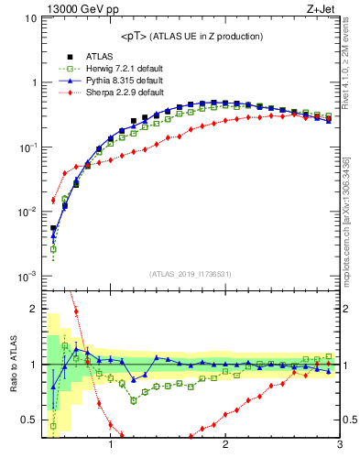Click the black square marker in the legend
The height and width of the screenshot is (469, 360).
(68, 56)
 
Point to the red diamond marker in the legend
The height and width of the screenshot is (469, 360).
(68, 93)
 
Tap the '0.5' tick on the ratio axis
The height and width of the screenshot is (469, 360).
(26, 420)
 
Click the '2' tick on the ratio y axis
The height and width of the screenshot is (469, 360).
(32, 309)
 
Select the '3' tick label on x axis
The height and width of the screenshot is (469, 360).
(339, 446)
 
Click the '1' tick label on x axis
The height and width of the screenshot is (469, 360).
(111, 446)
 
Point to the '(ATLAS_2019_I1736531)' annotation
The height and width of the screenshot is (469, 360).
(191, 274)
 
